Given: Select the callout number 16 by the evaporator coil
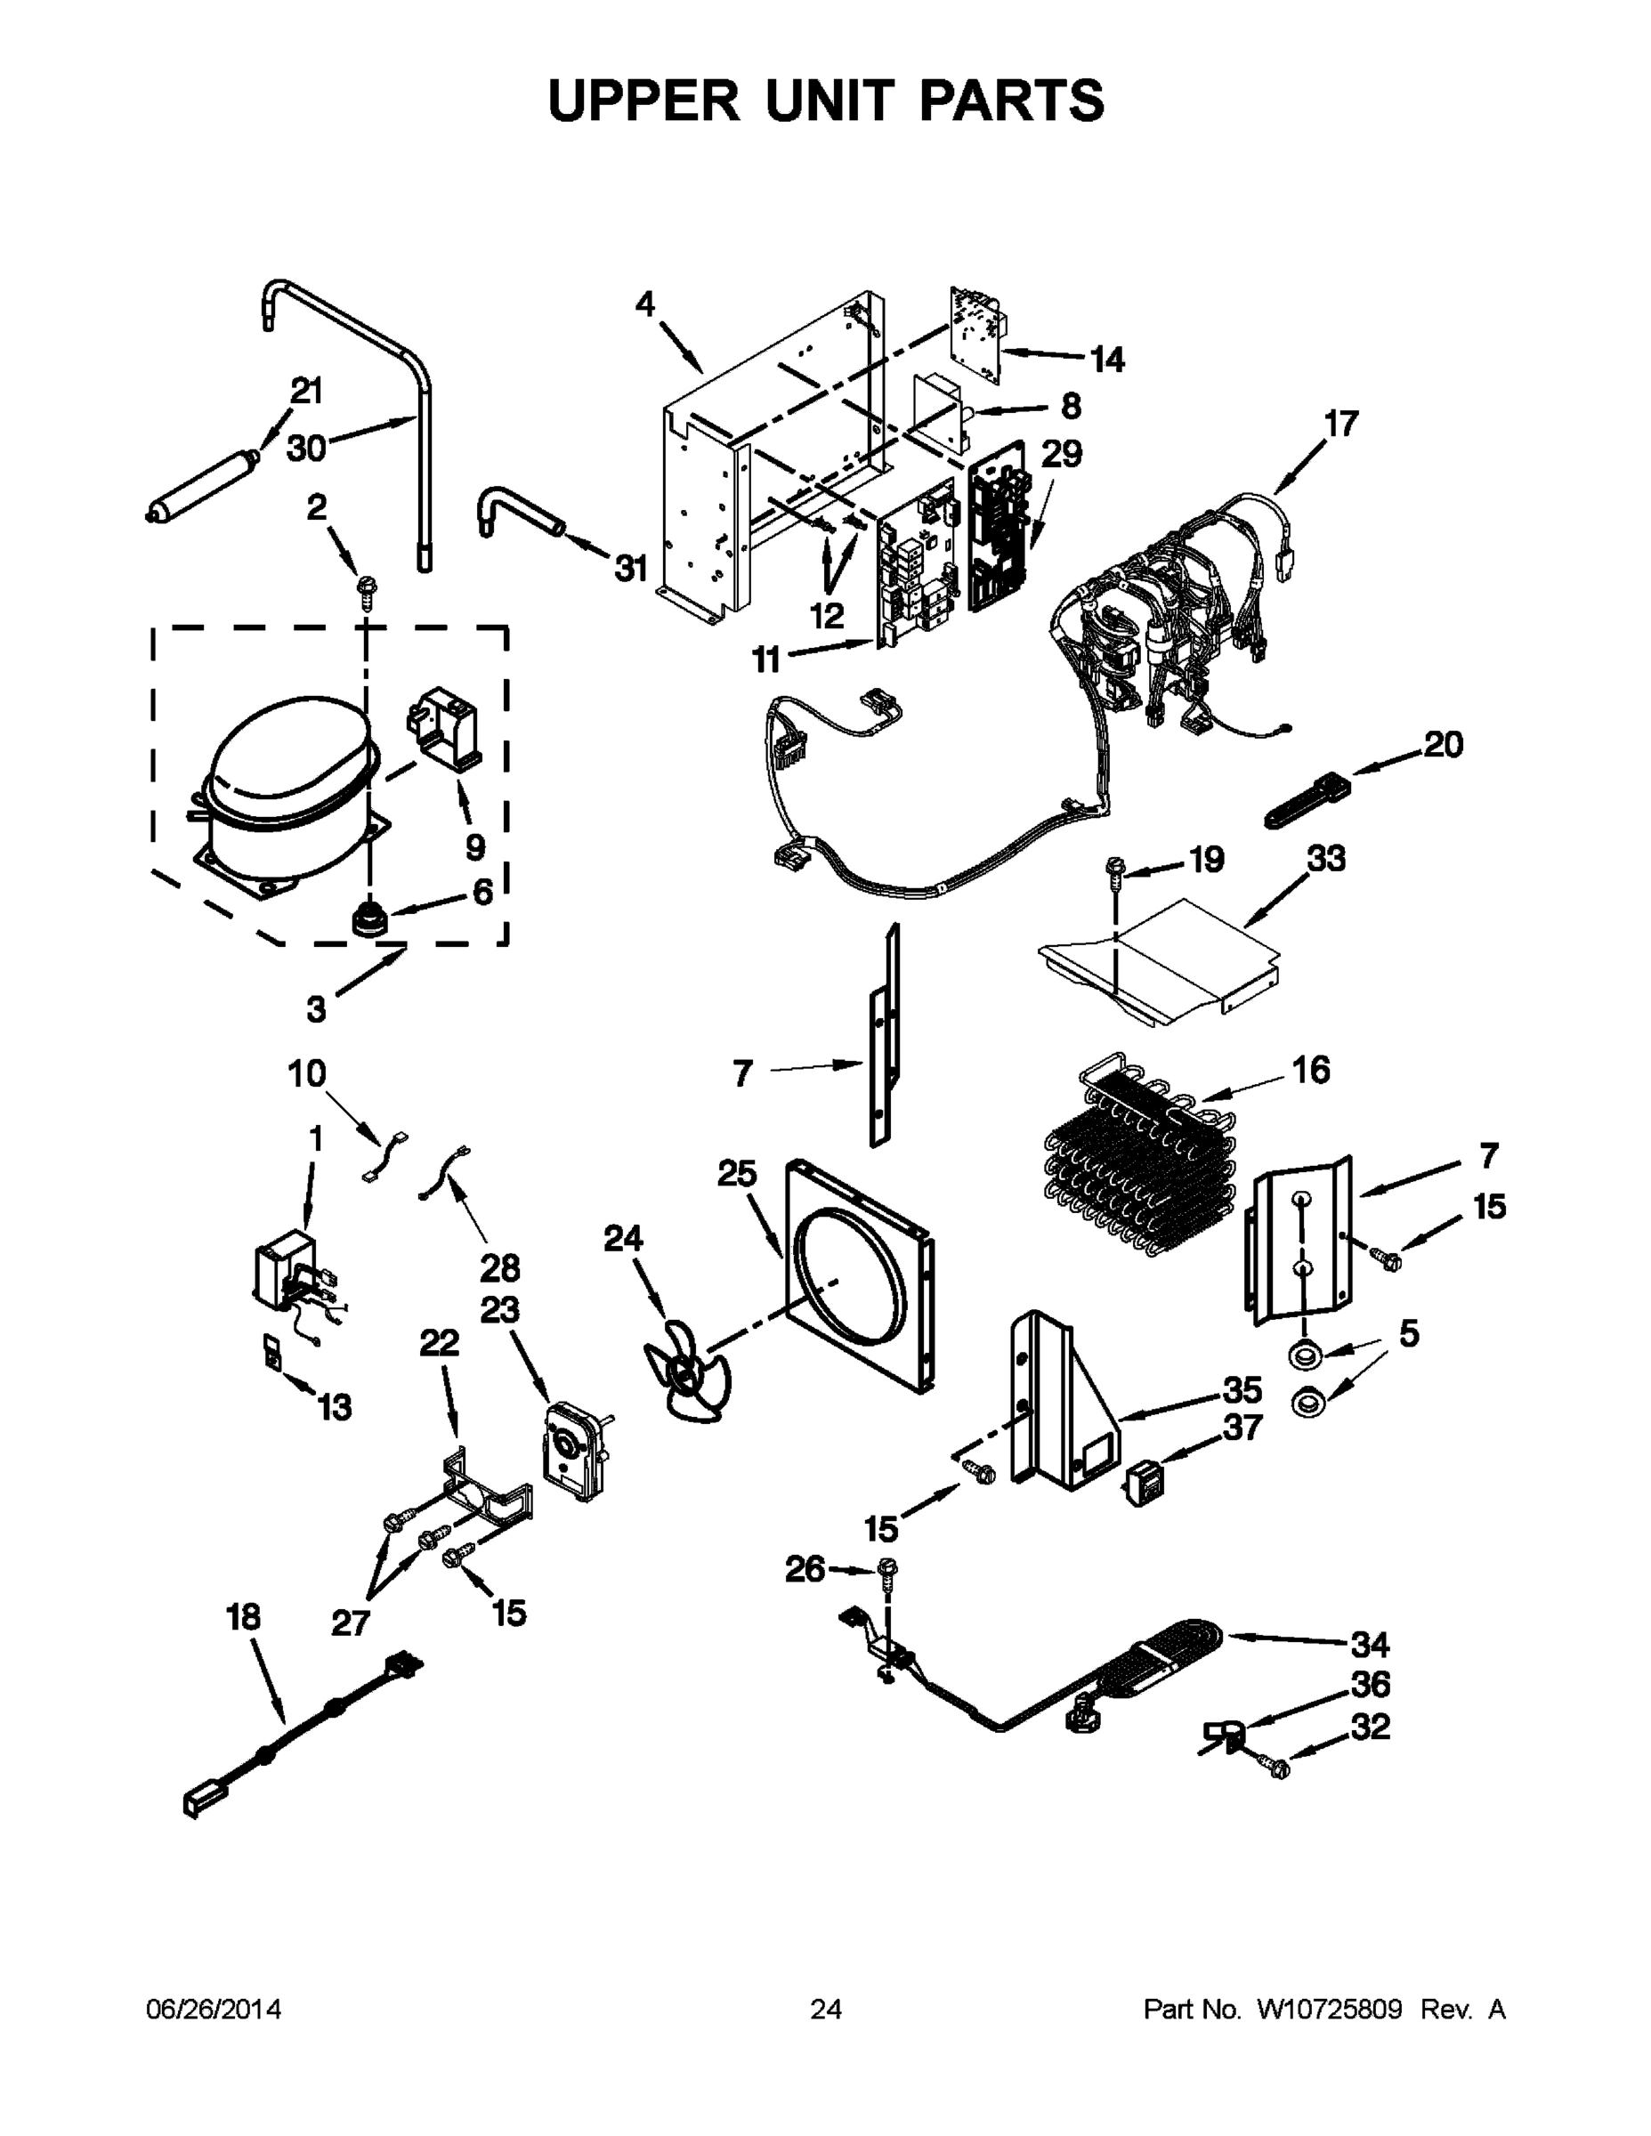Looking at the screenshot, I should click(x=1311, y=1070).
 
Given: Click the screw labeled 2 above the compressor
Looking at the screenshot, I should click(x=368, y=591).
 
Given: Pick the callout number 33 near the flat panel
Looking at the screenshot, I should click(x=1325, y=859).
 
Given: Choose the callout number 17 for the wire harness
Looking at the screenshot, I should click(x=1341, y=425).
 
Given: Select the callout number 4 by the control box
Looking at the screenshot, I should click(x=644, y=305).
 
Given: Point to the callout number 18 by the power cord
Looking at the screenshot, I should click(x=244, y=1618).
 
